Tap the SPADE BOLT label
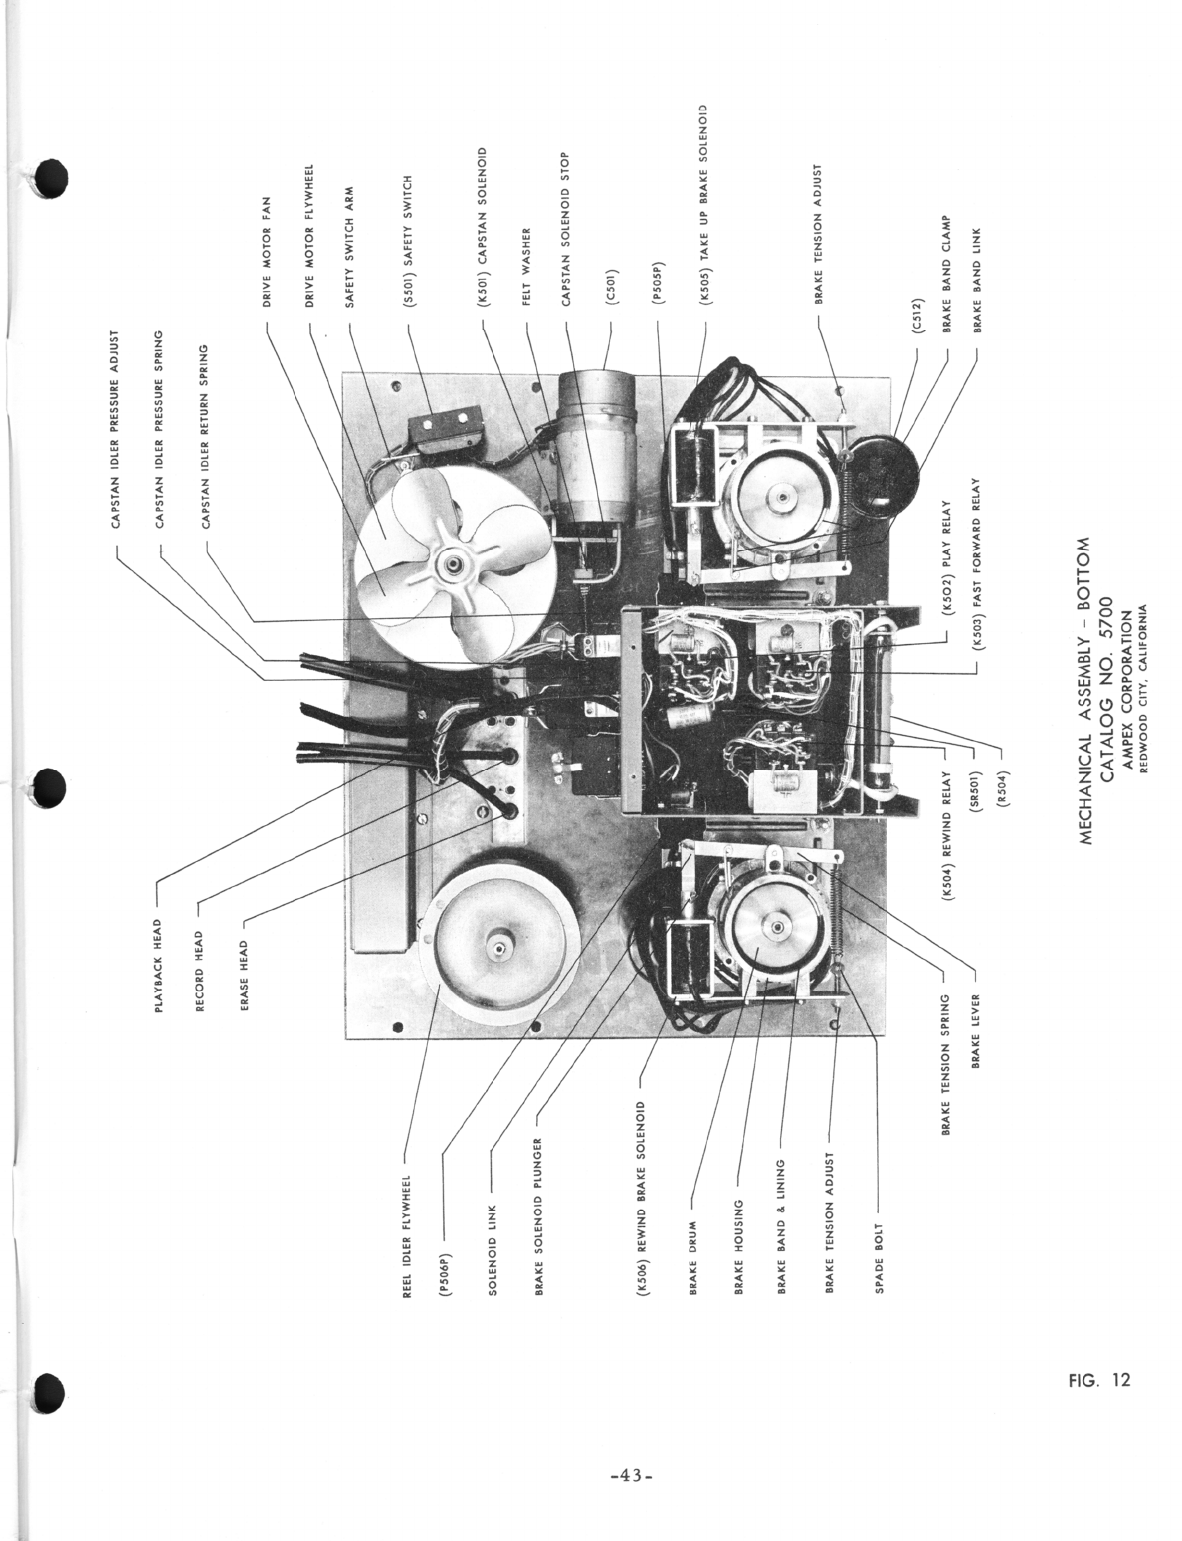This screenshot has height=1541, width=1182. tap(878, 1250)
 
